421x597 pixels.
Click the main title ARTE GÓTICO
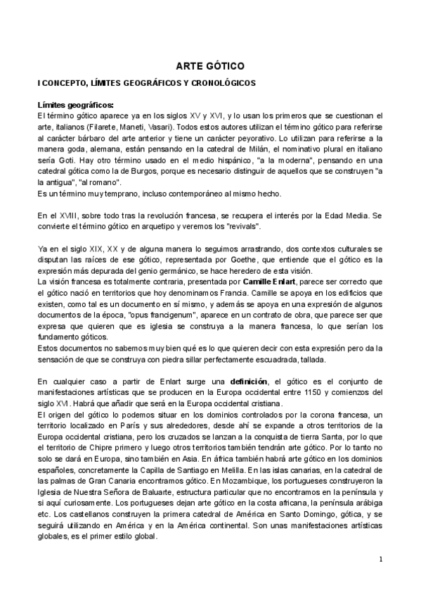click(209, 65)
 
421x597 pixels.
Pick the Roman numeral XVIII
click(68, 213)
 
